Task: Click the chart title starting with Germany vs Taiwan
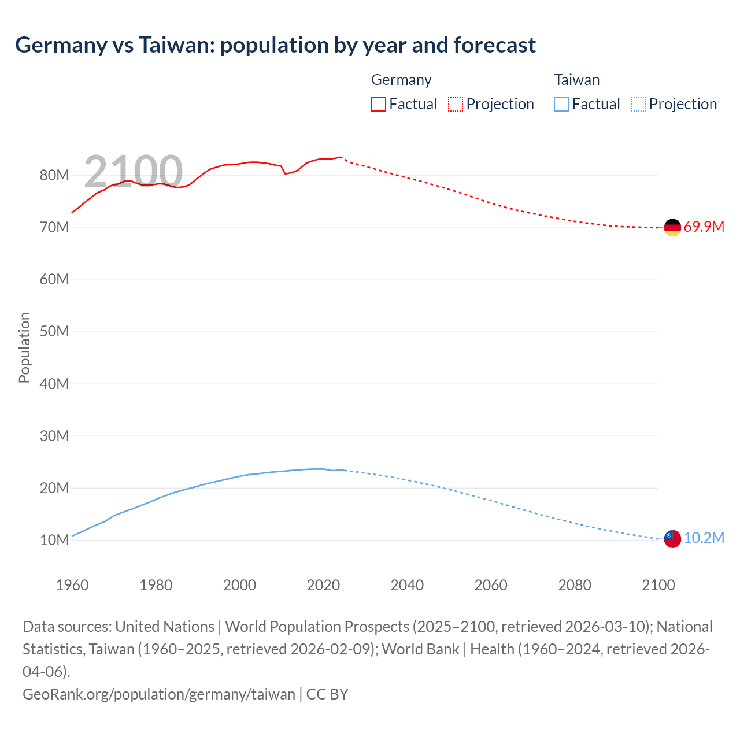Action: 275,45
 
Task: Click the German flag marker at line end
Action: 672,228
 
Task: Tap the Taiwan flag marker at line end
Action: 672,539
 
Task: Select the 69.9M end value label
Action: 704,227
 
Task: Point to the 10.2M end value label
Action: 704,538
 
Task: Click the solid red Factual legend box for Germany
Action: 378,104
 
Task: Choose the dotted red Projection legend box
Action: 456,104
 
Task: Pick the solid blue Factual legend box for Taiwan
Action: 561,104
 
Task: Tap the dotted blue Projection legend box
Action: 638,104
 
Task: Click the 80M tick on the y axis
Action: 54,176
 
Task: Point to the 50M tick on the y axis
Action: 54,332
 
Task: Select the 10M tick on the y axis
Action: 54,540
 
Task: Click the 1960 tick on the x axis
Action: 72,585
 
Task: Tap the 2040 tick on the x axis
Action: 407,585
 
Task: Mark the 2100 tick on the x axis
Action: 658,585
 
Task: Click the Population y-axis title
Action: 24,347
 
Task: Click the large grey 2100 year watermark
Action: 134,172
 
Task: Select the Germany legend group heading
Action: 401,80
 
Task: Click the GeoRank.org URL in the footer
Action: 159,694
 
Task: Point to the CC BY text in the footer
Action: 327,694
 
